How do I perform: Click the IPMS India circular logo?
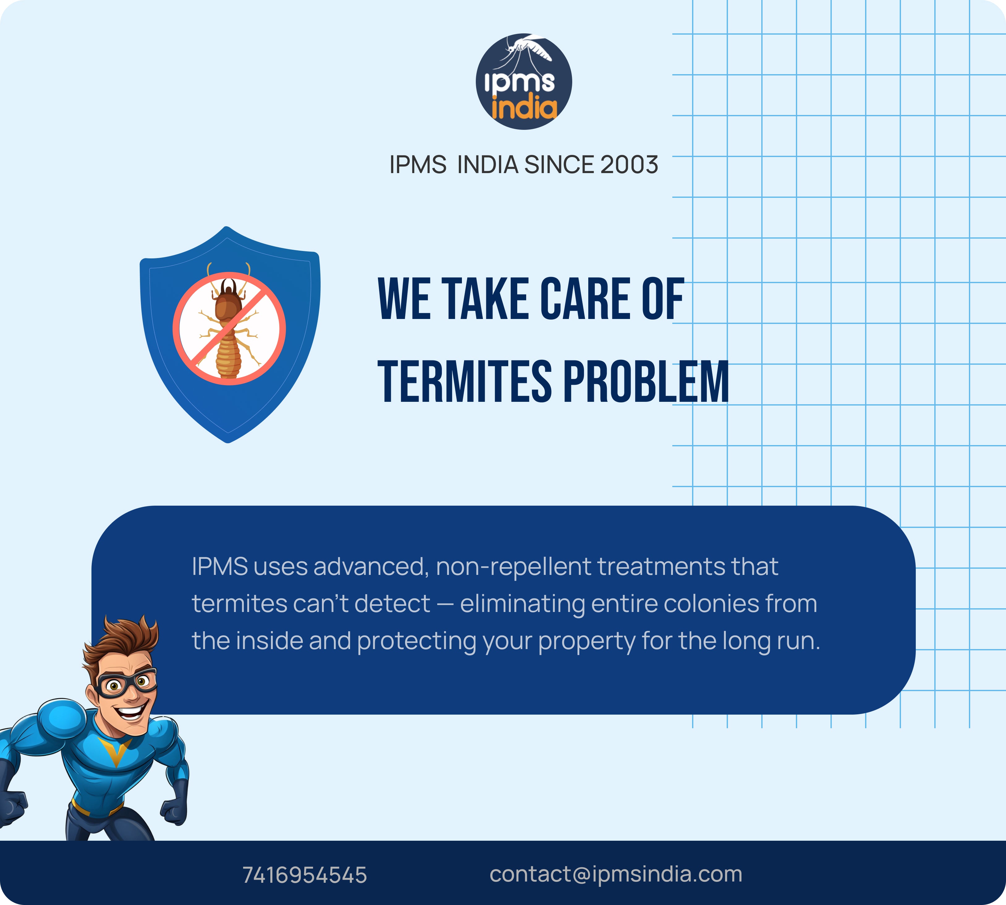tap(524, 82)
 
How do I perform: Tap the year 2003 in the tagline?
tap(629, 165)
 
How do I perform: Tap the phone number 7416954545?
tap(304, 875)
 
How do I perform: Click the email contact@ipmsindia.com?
tap(616, 874)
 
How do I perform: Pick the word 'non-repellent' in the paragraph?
tap(514, 567)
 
